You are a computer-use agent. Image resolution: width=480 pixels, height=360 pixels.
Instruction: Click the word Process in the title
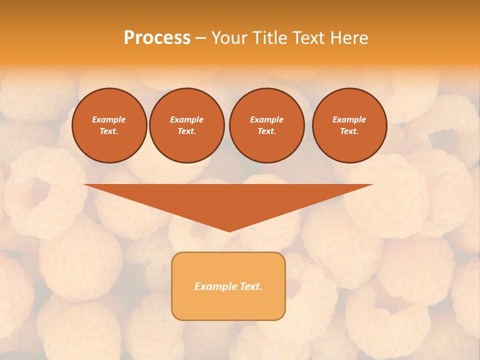click(157, 38)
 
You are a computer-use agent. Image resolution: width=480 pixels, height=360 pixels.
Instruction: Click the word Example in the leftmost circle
click(109, 119)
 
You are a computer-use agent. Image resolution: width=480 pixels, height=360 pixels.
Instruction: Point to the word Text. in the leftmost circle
click(109, 131)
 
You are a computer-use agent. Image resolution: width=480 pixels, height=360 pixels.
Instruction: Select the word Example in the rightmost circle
click(349, 119)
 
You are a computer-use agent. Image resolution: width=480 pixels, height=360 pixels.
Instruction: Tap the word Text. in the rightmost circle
click(349, 131)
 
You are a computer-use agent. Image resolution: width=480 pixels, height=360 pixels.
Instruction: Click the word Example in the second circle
click(186, 119)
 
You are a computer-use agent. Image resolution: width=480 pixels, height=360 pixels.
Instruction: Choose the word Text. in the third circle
click(266, 131)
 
